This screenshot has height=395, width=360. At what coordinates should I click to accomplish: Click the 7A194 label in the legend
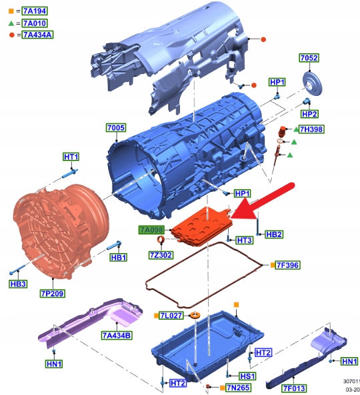(35, 11)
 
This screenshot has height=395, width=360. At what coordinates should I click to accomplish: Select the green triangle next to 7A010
(11, 23)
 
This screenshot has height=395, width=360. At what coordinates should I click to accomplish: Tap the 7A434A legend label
(37, 35)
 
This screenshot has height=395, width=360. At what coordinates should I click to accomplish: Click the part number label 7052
(309, 58)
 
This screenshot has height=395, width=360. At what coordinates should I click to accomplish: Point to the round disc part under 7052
(313, 84)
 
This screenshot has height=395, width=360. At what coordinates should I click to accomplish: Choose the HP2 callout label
(309, 114)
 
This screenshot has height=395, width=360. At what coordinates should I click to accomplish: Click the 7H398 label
(311, 129)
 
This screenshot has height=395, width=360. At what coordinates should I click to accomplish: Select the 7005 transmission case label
(116, 128)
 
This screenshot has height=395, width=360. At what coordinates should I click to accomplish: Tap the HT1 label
(71, 157)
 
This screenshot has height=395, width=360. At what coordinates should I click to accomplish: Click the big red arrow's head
(242, 210)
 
